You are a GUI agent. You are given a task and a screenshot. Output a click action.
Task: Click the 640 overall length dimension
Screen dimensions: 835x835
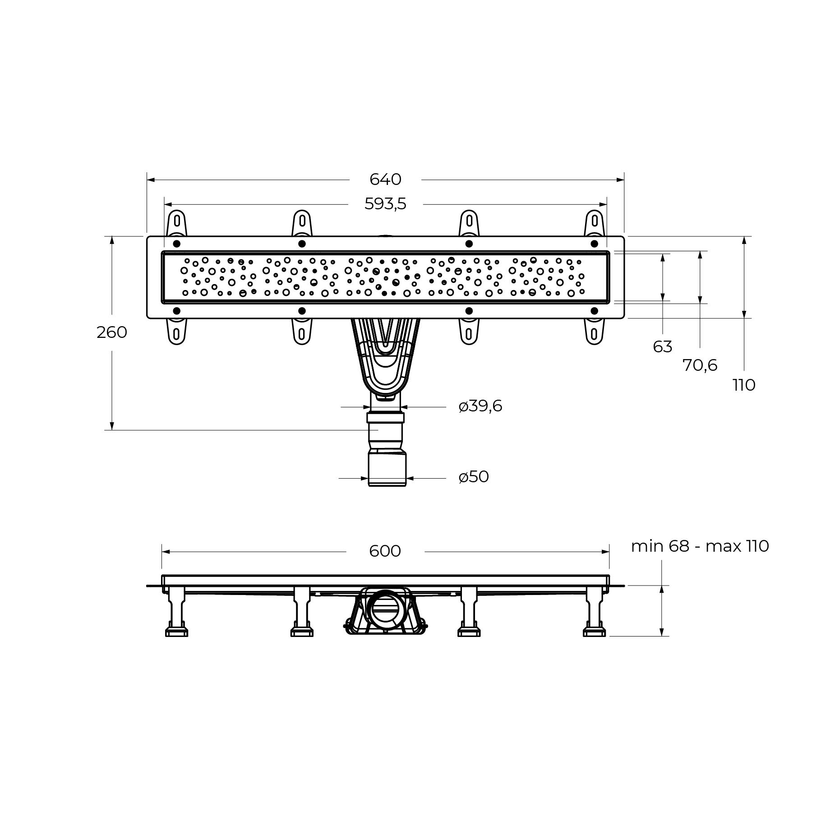[385, 180]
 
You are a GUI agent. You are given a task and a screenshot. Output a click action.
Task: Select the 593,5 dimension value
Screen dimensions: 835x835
[385, 204]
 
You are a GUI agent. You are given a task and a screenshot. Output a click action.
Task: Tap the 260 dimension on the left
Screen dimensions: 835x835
[112, 332]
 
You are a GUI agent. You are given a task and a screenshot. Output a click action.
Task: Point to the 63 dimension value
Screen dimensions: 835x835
[662, 347]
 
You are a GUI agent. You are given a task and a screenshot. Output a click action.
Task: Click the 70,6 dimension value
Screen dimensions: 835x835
[700, 365]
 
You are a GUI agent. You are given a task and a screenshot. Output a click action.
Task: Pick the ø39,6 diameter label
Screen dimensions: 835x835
[480, 406]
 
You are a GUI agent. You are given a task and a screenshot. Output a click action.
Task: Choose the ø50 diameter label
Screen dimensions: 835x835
[474, 477]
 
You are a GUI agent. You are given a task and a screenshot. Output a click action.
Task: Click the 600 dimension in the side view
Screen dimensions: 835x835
[385, 551]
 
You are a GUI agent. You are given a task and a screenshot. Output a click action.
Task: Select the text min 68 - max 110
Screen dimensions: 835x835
[700, 546]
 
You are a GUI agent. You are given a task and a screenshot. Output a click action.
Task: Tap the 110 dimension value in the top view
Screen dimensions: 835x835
[744, 385]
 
